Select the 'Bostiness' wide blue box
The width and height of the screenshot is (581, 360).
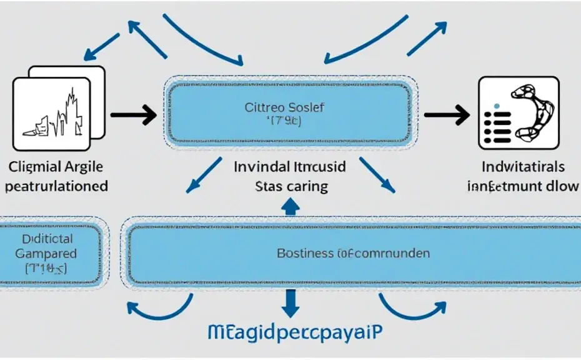[352, 253]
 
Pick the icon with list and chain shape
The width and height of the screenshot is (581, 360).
[518, 113]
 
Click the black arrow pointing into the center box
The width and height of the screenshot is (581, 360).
[132, 114]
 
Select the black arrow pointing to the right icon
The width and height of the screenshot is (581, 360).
[446, 114]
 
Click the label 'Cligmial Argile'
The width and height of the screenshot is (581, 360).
[56, 167]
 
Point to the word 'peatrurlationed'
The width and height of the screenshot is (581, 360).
[56, 186]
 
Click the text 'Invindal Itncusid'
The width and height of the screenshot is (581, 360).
[290, 167]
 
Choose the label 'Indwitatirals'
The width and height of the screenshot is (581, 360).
[524, 167]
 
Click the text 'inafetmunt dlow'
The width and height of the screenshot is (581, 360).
[524, 186]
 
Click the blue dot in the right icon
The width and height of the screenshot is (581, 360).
[497, 106]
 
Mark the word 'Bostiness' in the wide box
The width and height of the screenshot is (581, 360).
[305, 253]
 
